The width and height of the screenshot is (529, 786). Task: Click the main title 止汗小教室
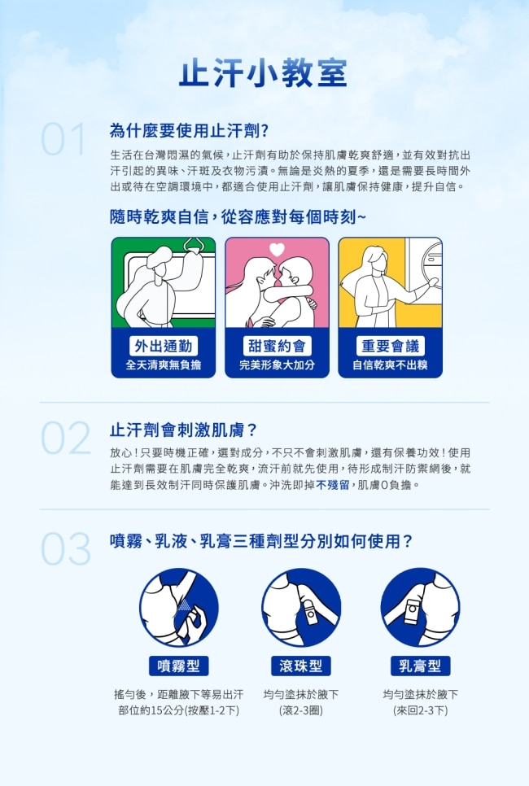pyautogui.click(x=263, y=73)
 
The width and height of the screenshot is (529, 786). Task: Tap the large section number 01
pyautogui.click(x=63, y=139)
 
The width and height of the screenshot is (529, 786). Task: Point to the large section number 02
pyautogui.click(x=66, y=438)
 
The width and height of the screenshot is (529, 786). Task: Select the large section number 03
pyautogui.click(x=66, y=548)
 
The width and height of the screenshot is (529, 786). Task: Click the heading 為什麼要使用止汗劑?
pyautogui.click(x=189, y=131)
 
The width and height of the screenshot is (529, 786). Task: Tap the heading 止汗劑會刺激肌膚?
pyautogui.click(x=183, y=430)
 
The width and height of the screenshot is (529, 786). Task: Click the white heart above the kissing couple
pyautogui.click(x=277, y=249)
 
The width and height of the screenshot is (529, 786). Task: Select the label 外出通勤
pyautogui.click(x=164, y=346)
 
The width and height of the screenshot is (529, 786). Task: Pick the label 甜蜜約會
pyautogui.click(x=277, y=346)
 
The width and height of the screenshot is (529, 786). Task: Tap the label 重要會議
pyautogui.click(x=390, y=346)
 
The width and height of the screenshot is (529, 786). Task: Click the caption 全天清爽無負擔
pyautogui.click(x=164, y=365)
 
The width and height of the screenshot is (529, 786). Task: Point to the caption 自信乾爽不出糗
pyautogui.click(x=390, y=365)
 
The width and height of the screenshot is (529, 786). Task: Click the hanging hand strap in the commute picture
pyautogui.click(x=194, y=245)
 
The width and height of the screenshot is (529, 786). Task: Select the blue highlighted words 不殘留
pyautogui.click(x=332, y=485)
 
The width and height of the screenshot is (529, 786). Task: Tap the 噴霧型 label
pyautogui.click(x=178, y=666)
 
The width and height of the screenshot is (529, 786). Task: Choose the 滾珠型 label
pyautogui.click(x=301, y=666)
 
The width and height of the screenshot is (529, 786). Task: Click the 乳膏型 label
pyautogui.click(x=420, y=666)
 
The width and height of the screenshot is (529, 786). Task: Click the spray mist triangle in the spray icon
pyautogui.click(x=186, y=605)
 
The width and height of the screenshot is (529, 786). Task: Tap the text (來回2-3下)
pyautogui.click(x=421, y=710)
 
